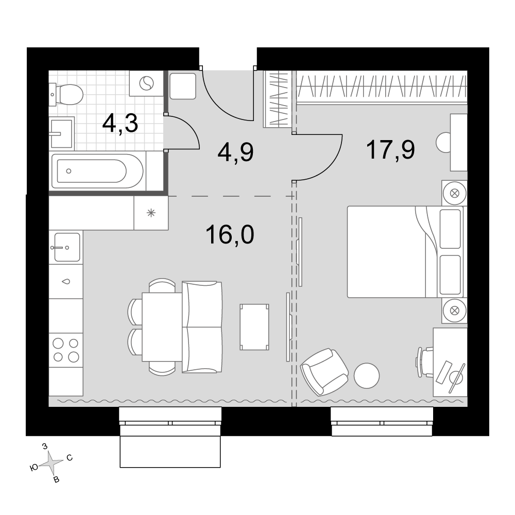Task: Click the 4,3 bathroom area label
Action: pyautogui.click(x=120, y=124)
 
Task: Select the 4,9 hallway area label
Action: pyautogui.click(x=235, y=153)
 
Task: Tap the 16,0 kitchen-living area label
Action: pyautogui.click(x=230, y=235)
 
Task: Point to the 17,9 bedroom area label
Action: pyautogui.click(x=390, y=149)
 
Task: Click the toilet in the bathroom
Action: pyautogui.click(x=66, y=94)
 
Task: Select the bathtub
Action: pyautogui.click(x=97, y=171)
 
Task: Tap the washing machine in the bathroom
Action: pyautogui.click(x=146, y=83)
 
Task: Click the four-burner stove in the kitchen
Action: pyautogui.click(x=66, y=350)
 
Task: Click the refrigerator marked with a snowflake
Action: pyautogui.click(x=151, y=213)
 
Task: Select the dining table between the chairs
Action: pyautogui.click(x=162, y=327)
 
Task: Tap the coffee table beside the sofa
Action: pyautogui.click(x=254, y=327)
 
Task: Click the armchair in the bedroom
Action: pyautogui.click(x=324, y=372)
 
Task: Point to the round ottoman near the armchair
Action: pyautogui.click(x=367, y=376)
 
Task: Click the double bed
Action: pyautogui.click(x=405, y=252)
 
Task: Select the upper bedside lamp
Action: pyautogui.click(x=455, y=193)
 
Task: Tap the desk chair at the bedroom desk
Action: pyautogui.click(x=425, y=363)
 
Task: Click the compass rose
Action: pyautogui.click(x=51, y=463)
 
